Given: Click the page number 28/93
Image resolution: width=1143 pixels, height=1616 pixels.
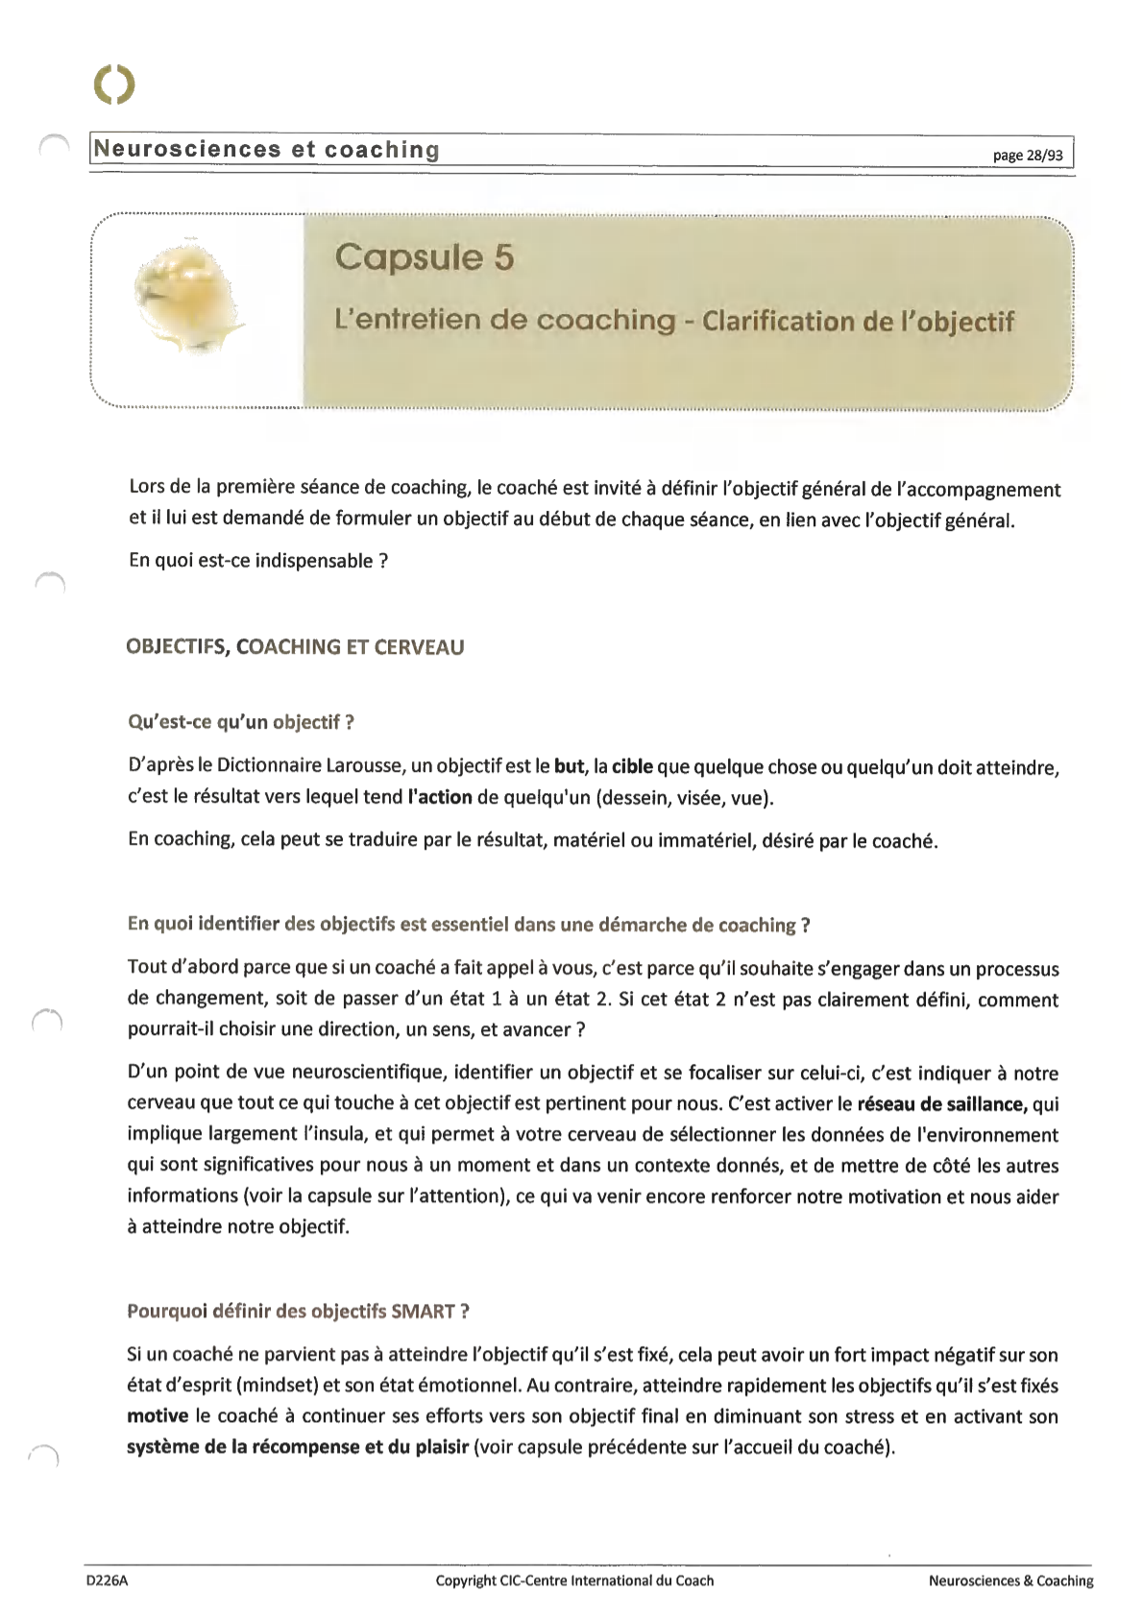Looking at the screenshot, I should (x=1030, y=155).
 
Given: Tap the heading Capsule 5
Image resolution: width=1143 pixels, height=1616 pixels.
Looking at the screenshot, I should (x=425, y=257).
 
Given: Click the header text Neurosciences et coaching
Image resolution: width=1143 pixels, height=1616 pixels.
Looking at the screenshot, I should (x=266, y=150).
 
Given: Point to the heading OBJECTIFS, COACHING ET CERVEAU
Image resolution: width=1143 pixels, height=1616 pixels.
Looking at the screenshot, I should (x=295, y=647).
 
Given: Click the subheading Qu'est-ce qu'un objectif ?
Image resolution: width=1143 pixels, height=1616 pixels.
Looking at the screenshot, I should (x=241, y=722).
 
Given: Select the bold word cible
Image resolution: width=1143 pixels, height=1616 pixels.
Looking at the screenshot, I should (x=632, y=766).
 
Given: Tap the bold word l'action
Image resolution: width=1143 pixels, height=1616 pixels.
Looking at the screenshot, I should (x=440, y=797).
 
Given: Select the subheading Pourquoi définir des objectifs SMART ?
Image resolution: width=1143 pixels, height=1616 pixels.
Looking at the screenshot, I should (x=298, y=1311).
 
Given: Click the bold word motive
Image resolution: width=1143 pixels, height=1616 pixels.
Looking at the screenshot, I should (x=157, y=1416).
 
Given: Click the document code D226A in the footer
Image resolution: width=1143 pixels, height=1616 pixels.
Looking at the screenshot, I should (x=107, y=1580).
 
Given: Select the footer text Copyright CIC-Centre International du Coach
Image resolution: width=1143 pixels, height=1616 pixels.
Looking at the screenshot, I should (x=574, y=1580).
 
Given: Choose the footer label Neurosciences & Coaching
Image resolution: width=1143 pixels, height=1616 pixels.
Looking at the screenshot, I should (x=1010, y=1580).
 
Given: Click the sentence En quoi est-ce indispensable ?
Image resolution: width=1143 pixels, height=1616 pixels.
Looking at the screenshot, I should (x=257, y=561).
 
